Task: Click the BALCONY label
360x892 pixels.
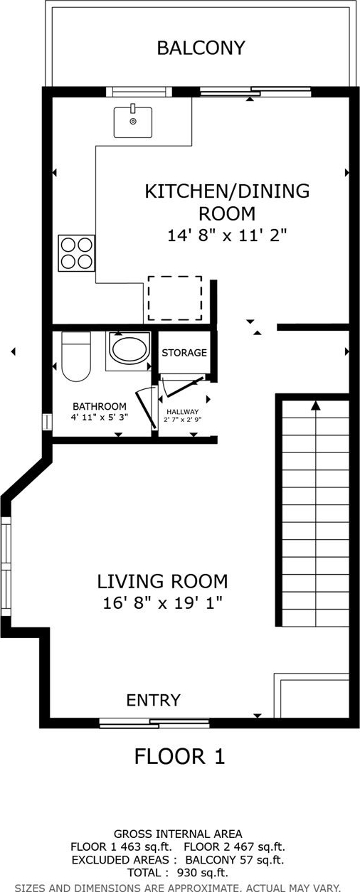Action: [201, 48]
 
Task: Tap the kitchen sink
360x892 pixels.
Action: [133, 122]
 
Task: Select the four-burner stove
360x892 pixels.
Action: [76, 253]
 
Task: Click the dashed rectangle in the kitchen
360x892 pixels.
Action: [175, 298]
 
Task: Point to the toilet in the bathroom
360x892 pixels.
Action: [76, 356]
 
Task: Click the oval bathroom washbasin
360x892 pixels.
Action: [130, 348]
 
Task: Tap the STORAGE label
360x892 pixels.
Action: [184, 353]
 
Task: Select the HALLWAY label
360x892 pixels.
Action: [182, 412]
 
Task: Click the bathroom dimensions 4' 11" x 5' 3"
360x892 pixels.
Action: [99, 418]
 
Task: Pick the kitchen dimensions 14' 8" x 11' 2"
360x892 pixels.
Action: [227, 235]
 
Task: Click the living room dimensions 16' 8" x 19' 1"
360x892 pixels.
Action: [162, 603]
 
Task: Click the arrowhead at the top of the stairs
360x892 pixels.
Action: [316, 405]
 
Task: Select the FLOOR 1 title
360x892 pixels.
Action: [179, 756]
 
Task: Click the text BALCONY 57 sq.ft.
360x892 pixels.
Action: [235, 860]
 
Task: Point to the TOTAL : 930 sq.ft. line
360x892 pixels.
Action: [178, 873]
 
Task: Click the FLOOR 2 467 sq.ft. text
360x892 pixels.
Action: [235, 846]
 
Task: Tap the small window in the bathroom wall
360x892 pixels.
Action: [48, 422]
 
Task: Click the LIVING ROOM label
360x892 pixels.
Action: [162, 581]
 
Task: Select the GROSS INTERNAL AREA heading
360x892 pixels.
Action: [178, 834]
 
